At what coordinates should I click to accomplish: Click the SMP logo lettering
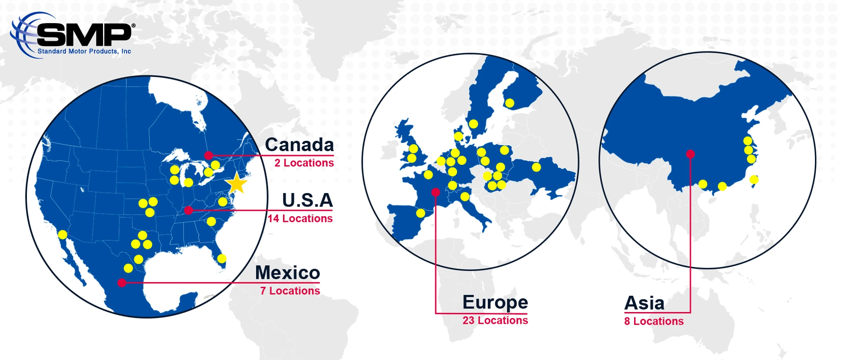pos(84,35)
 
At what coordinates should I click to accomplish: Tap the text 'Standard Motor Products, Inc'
pos(84,51)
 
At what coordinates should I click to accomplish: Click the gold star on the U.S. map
pos(236,183)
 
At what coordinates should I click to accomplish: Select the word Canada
pos(299,145)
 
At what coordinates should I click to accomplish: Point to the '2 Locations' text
pos(304,163)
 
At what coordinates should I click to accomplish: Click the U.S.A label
pos(307,200)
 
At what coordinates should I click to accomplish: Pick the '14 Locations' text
pos(300,219)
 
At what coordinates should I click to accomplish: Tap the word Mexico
pos(288,273)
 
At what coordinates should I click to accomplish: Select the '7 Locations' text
pos(290,291)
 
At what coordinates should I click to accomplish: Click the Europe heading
pos(495,302)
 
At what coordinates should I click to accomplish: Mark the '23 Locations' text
pos(495,320)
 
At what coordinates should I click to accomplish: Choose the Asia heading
pos(644,303)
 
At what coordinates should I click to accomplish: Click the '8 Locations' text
pos(654,321)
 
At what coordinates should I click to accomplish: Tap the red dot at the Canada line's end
pos(209,156)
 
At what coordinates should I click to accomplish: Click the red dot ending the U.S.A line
pos(189,210)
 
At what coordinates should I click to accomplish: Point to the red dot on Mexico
pos(122,283)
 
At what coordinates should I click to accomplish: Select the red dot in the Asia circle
pos(690,154)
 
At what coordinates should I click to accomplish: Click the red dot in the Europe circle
pos(436,192)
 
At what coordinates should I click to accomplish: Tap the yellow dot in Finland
pos(510,103)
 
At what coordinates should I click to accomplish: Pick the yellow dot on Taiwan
pos(754,180)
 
